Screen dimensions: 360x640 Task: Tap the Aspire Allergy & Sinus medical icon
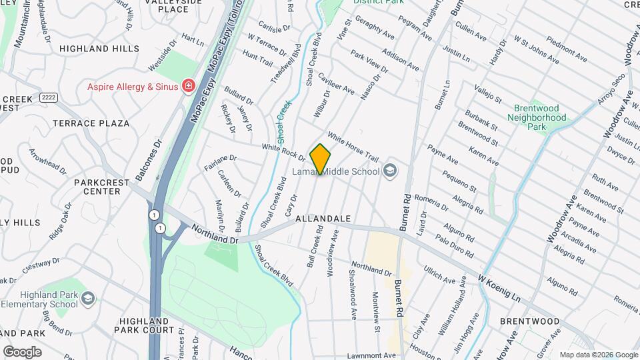point(189,87)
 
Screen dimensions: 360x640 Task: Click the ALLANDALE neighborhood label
point(323,218)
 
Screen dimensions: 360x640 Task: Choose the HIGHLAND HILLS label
point(99,49)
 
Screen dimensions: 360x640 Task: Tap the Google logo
point(22,351)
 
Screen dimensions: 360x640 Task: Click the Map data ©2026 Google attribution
point(598,355)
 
